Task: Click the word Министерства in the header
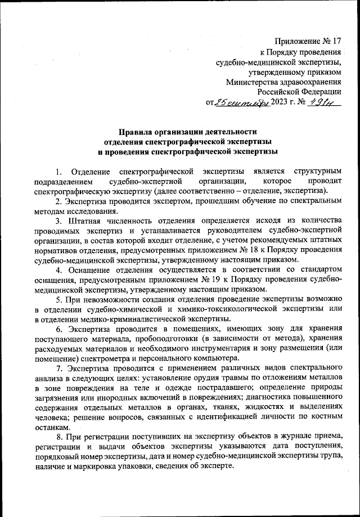pyautogui.click(x=250, y=82)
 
